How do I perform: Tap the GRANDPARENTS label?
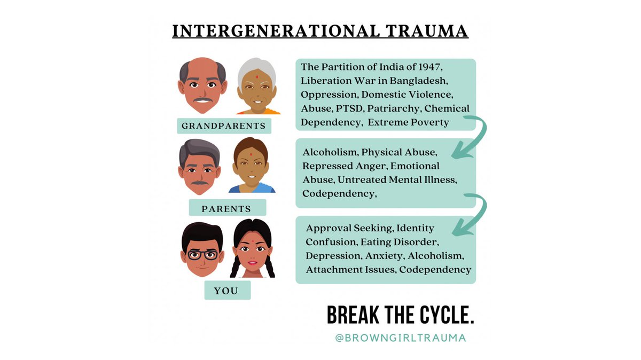[x=224, y=127]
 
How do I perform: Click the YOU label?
[x=226, y=291]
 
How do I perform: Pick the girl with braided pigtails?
[x=253, y=251]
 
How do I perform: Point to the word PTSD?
[x=346, y=108]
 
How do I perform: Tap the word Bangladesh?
[x=409, y=81]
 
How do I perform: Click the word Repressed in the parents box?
[x=326, y=166]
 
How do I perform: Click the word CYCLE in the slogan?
[x=437, y=316]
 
